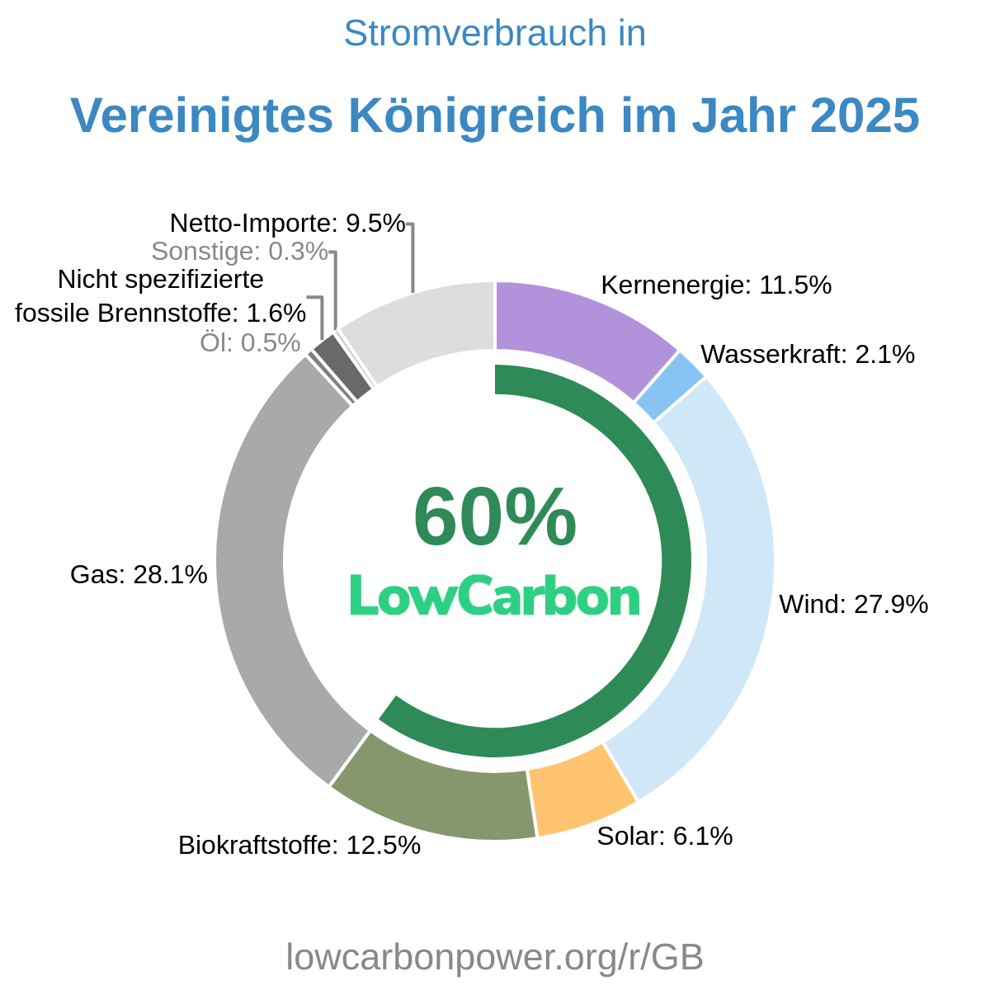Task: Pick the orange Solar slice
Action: click(x=582, y=792)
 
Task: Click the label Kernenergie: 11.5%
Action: click(x=716, y=285)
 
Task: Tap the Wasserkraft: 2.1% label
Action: click(x=808, y=355)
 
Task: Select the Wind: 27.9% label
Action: click(x=854, y=605)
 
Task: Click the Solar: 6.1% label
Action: click(x=665, y=837)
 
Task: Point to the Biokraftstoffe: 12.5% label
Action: click(x=299, y=846)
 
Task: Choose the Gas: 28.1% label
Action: click(x=139, y=575)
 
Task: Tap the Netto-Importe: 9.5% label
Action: click(x=288, y=223)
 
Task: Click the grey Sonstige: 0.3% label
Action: click(x=240, y=251)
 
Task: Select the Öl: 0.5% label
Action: click(x=250, y=342)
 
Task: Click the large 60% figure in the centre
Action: click(x=495, y=518)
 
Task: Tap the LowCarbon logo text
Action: click(x=495, y=596)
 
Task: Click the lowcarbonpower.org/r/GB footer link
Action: click(x=495, y=958)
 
